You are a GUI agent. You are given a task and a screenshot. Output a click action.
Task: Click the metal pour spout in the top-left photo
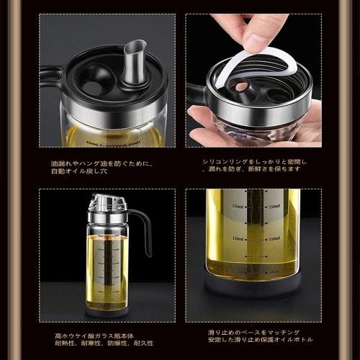click(x=133, y=62)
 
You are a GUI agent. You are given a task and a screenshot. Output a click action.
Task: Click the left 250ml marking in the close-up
click(x=233, y=207)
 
